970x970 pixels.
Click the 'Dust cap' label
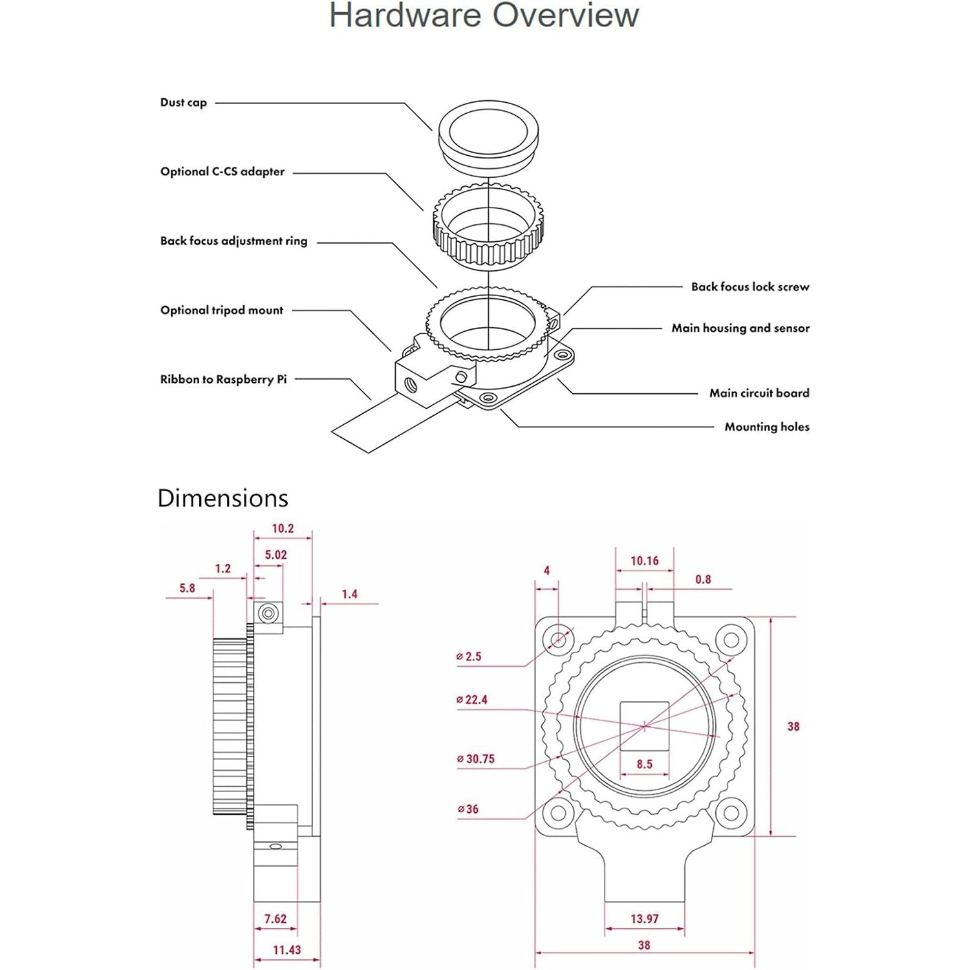point(184,102)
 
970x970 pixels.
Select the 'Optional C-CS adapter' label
point(222,171)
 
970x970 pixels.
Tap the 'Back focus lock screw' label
point(749,286)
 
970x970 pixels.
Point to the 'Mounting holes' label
point(766,427)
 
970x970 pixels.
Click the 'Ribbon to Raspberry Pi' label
point(223,380)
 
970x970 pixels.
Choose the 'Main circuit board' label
point(759,393)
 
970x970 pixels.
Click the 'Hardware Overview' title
point(484,16)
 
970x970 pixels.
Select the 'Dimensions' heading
point(222,499)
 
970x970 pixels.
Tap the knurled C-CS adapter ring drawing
point(488,226)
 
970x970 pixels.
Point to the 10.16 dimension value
point(644,561)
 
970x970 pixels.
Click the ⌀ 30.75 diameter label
point(476,759)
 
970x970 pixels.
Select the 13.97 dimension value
point(644,919)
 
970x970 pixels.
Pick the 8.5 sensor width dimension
point(644,764)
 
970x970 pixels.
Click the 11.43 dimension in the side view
point(286,950)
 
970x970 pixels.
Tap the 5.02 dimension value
point(275,555)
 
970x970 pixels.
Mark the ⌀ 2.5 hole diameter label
point(469,657)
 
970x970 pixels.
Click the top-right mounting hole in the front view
point(731,640)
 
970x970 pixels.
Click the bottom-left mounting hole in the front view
point(558,812)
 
